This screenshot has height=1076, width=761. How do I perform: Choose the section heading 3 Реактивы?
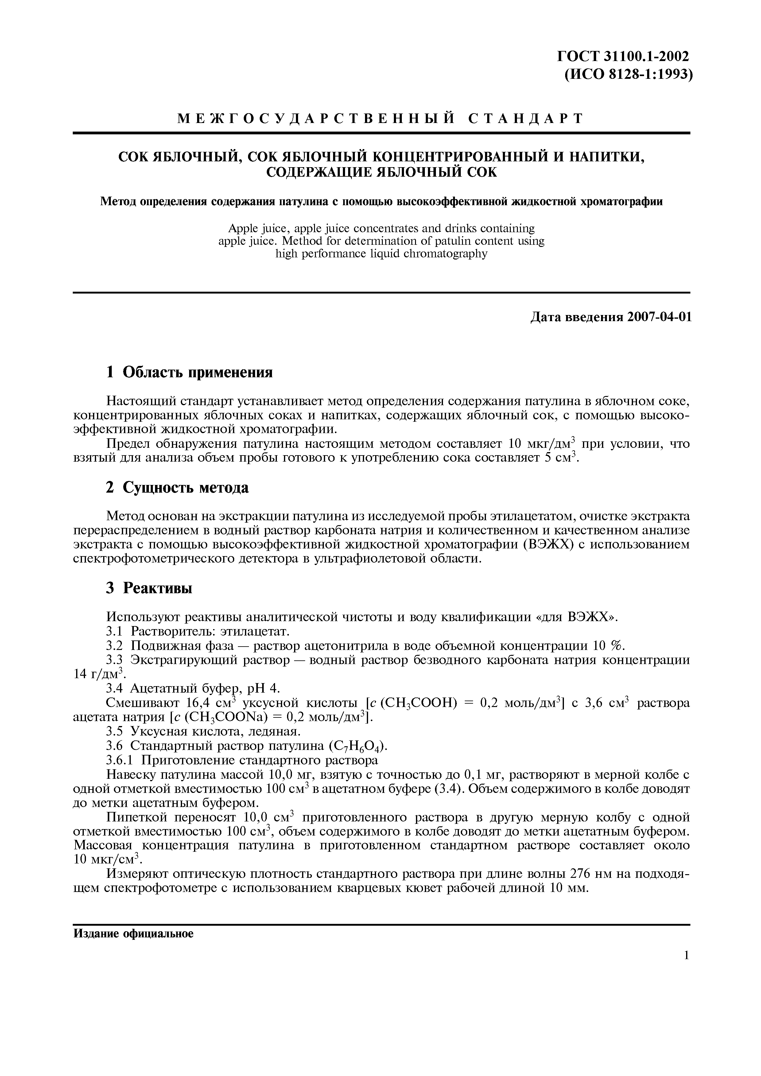pyautogui.click(x=149, y=588)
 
